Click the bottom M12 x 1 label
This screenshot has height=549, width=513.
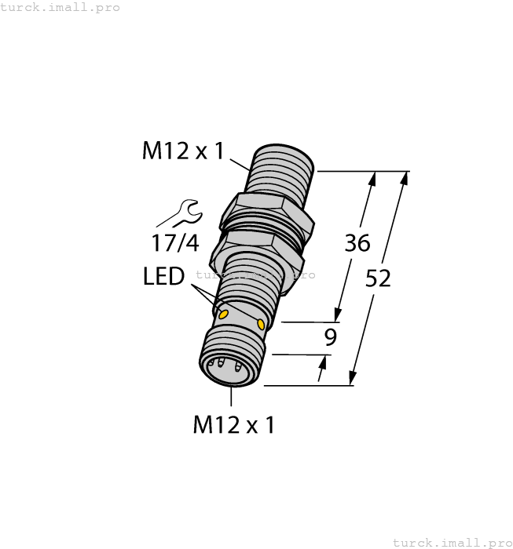(233, 425)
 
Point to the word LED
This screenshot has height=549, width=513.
(163, 276)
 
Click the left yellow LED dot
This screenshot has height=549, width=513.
(224, 314)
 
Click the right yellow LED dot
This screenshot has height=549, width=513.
(261, 323)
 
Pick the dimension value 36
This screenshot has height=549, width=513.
(357, 243)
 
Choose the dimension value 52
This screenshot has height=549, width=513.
(378, 278)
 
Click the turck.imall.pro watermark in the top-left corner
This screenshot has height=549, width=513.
(60, 7)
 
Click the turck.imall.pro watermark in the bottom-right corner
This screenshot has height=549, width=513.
(452, 542)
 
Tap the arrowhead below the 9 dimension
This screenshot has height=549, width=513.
(322, 362)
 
